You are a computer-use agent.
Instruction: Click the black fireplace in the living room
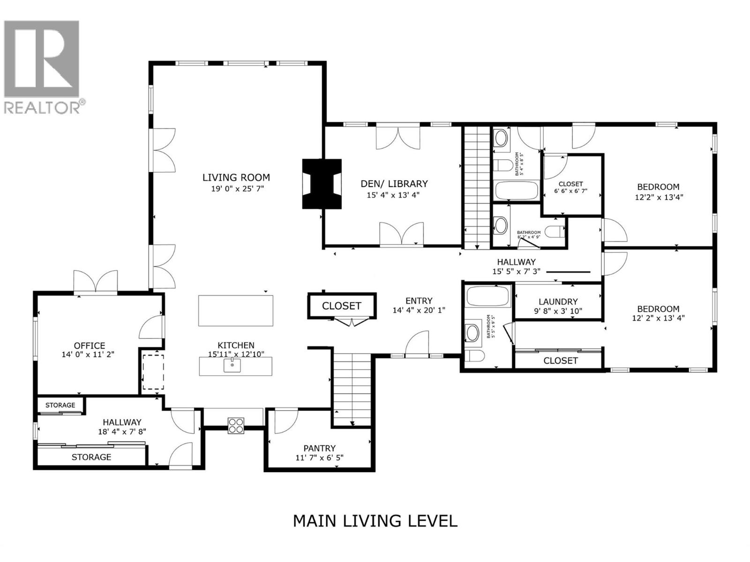click(322, 184)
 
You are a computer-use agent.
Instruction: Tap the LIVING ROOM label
click(236, 177)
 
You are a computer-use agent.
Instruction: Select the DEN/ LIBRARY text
click(394, 184)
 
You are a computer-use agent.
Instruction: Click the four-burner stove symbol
click(236, 425)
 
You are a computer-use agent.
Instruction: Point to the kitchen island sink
click(232, 365)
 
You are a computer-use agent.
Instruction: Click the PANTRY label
click(319, 448)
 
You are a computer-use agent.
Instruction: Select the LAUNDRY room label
click(558, 302)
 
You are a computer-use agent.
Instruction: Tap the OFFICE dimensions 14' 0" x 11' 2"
click(88, 355)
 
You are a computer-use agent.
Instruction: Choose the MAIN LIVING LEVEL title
click(375, 521)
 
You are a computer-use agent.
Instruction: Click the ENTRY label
click(419, 301)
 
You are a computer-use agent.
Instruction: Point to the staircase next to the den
click(477, 187)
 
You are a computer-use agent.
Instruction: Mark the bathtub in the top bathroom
click(516, 191)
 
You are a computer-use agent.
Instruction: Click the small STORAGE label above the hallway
click(60, 405)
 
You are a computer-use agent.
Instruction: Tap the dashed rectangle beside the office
click(153, 372)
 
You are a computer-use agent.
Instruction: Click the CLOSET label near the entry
click(341, 306)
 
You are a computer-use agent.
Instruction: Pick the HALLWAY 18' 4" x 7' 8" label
click(122, 422)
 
